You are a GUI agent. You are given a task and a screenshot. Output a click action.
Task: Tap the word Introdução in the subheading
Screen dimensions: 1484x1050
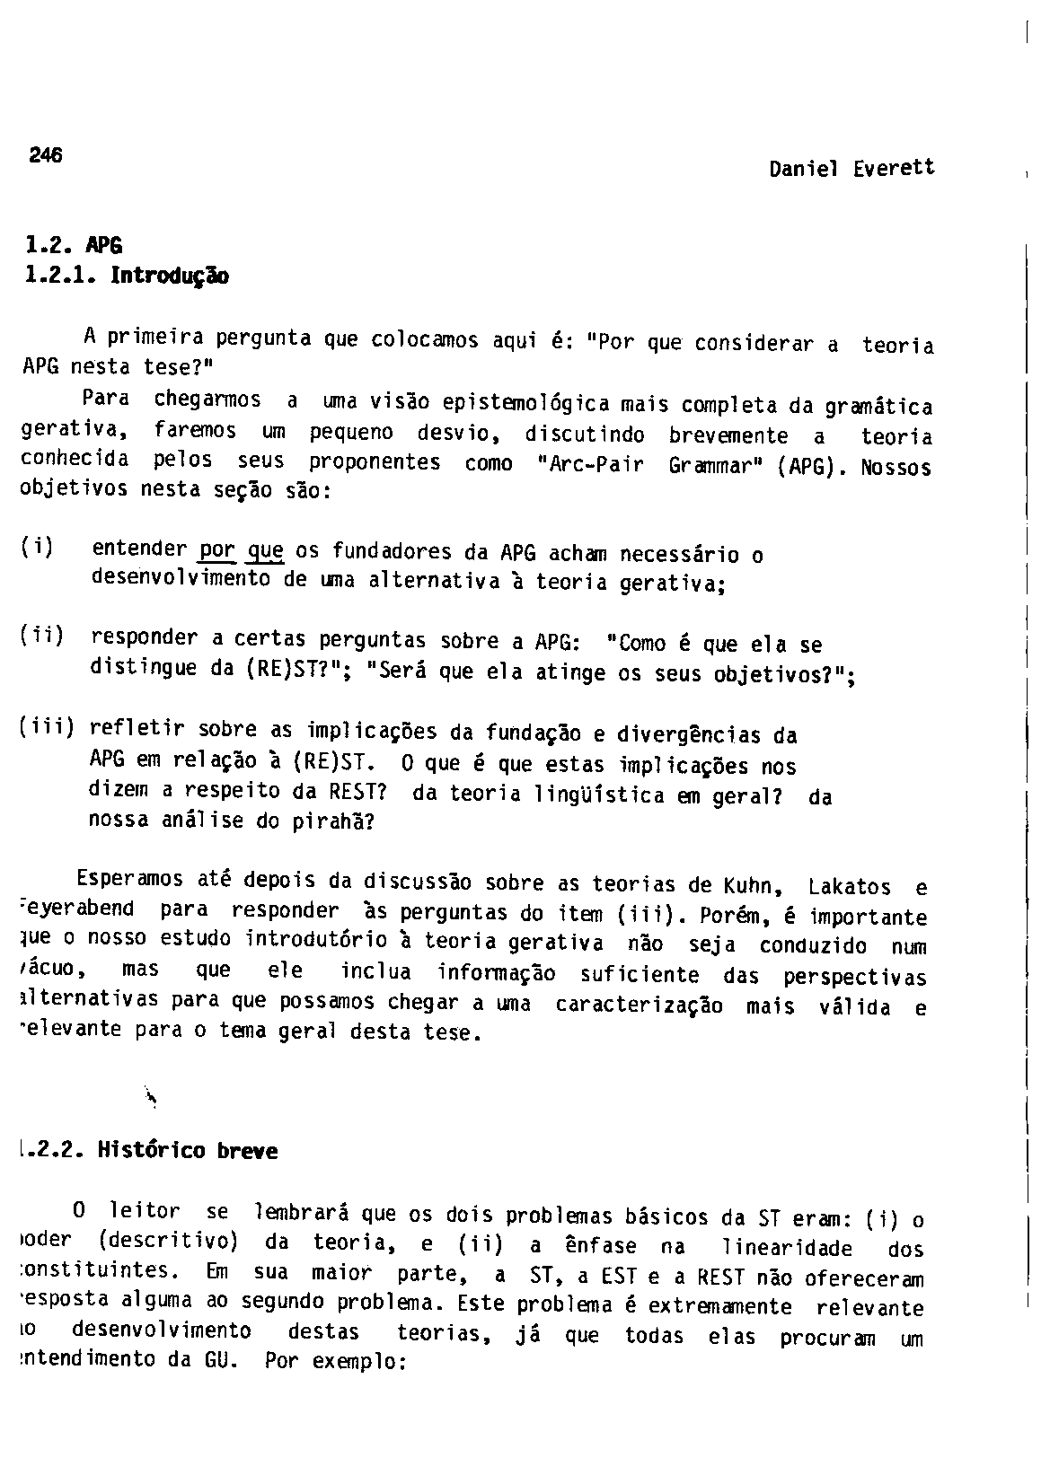tap(169, 276)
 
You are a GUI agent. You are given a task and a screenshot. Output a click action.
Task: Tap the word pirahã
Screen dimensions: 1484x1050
tap(328, 822)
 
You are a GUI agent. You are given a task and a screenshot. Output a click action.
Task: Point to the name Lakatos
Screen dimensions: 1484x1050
tap(850, 887)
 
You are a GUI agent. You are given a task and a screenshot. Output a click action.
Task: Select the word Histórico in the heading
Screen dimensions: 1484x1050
tap(153, 1150)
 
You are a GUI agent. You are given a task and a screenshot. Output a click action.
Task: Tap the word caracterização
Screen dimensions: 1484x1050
tap(639, 1005)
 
